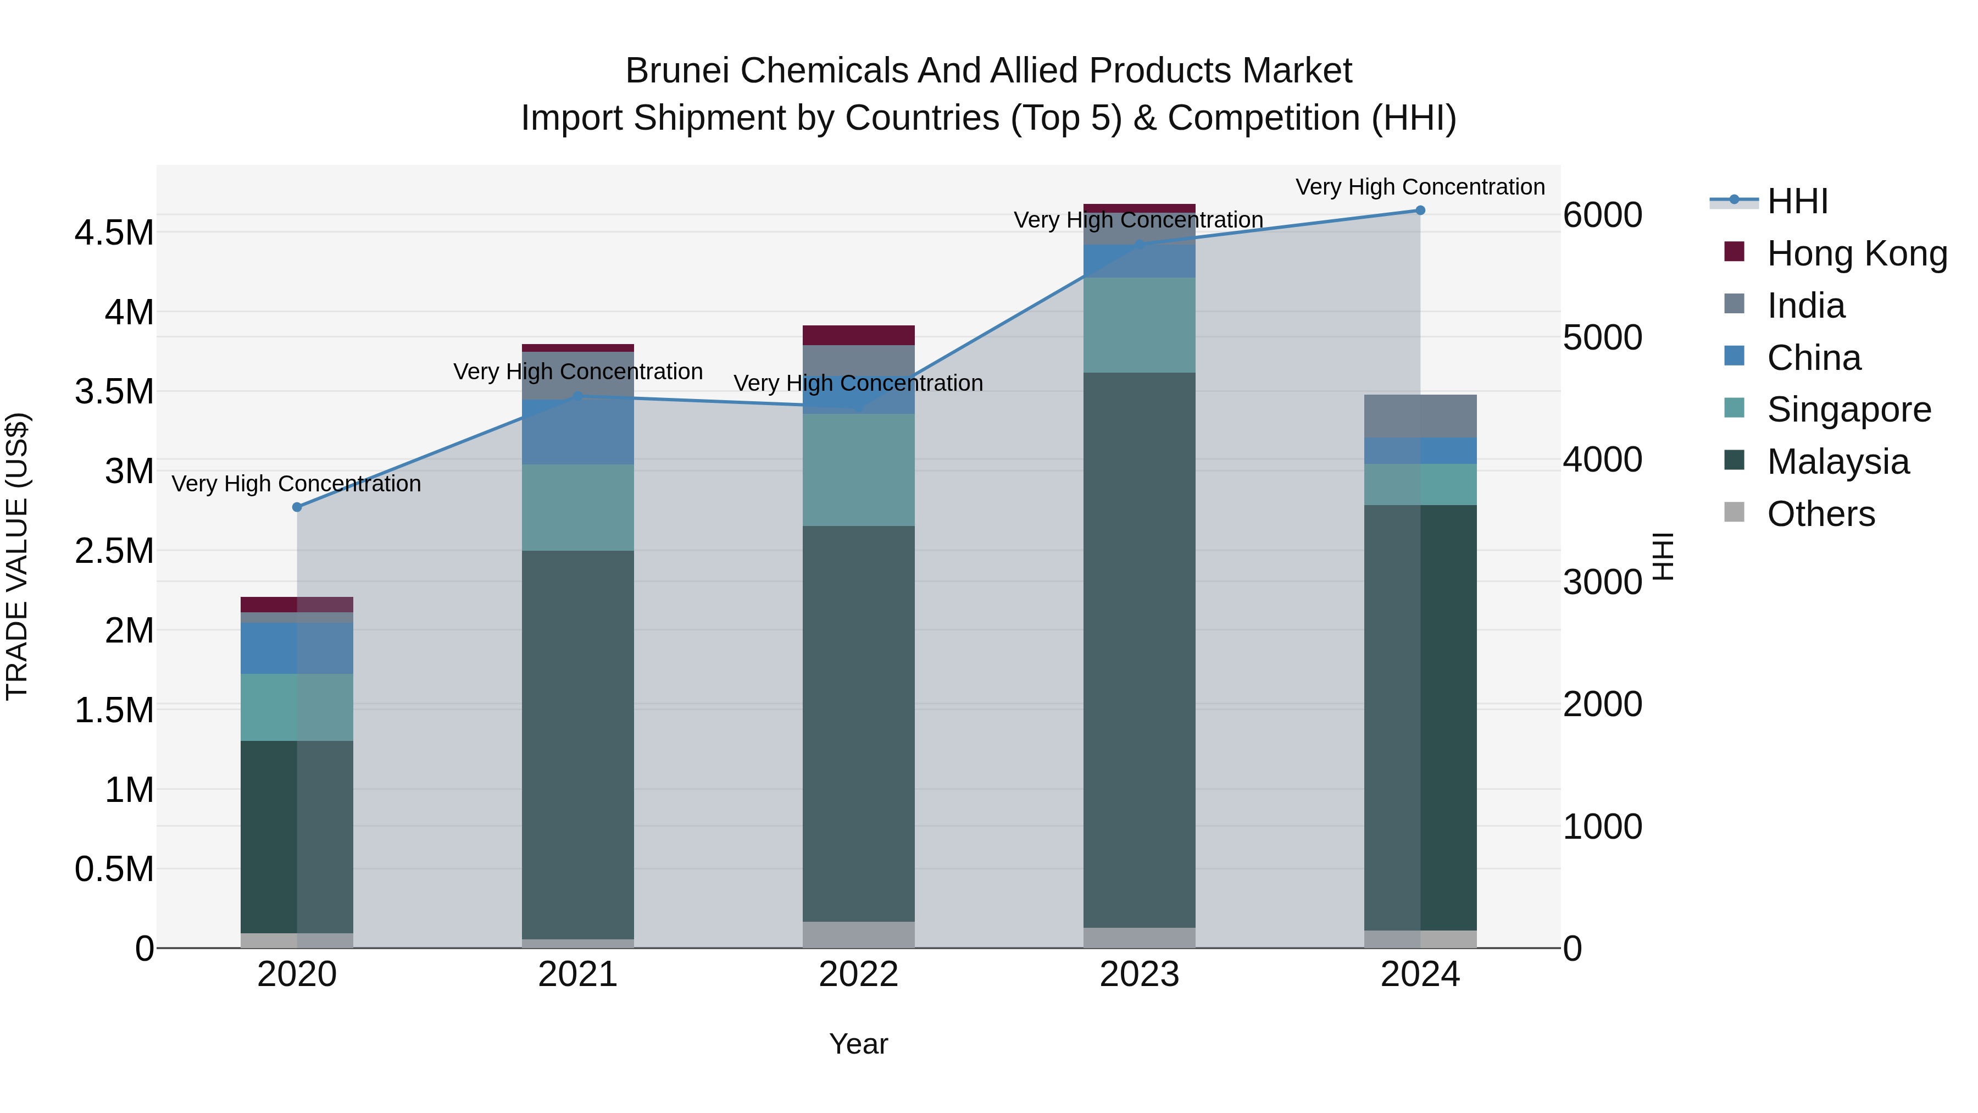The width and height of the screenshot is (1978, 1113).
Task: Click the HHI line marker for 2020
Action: [x=297, y=507]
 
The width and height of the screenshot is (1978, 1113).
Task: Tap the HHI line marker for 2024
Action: [x=1420, y=211]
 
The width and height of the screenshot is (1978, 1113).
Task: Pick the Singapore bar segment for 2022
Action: [x=858, y=470]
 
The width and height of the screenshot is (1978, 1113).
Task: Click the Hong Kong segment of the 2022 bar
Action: [x=858, y=336]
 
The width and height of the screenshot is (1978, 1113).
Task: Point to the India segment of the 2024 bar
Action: [x=1420, y=416]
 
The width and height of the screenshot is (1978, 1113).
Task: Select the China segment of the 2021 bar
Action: [x=577, y=431]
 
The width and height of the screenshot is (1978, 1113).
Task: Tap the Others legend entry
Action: [x=1821, y=514]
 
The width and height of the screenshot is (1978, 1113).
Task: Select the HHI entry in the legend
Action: [x=1797, y=201]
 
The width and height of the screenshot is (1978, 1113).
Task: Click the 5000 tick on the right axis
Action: [x=1603, y=337]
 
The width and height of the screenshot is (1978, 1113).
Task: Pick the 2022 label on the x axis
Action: [x=858, y=974]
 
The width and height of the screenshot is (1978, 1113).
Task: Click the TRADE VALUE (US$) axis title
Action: [x=17, y=556]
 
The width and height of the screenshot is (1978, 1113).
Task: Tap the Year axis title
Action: [x=858, y=1044]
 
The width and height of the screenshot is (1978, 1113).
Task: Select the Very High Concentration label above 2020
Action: [x=296, y=484]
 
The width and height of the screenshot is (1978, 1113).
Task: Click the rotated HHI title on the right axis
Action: [x=1663, y=556]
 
